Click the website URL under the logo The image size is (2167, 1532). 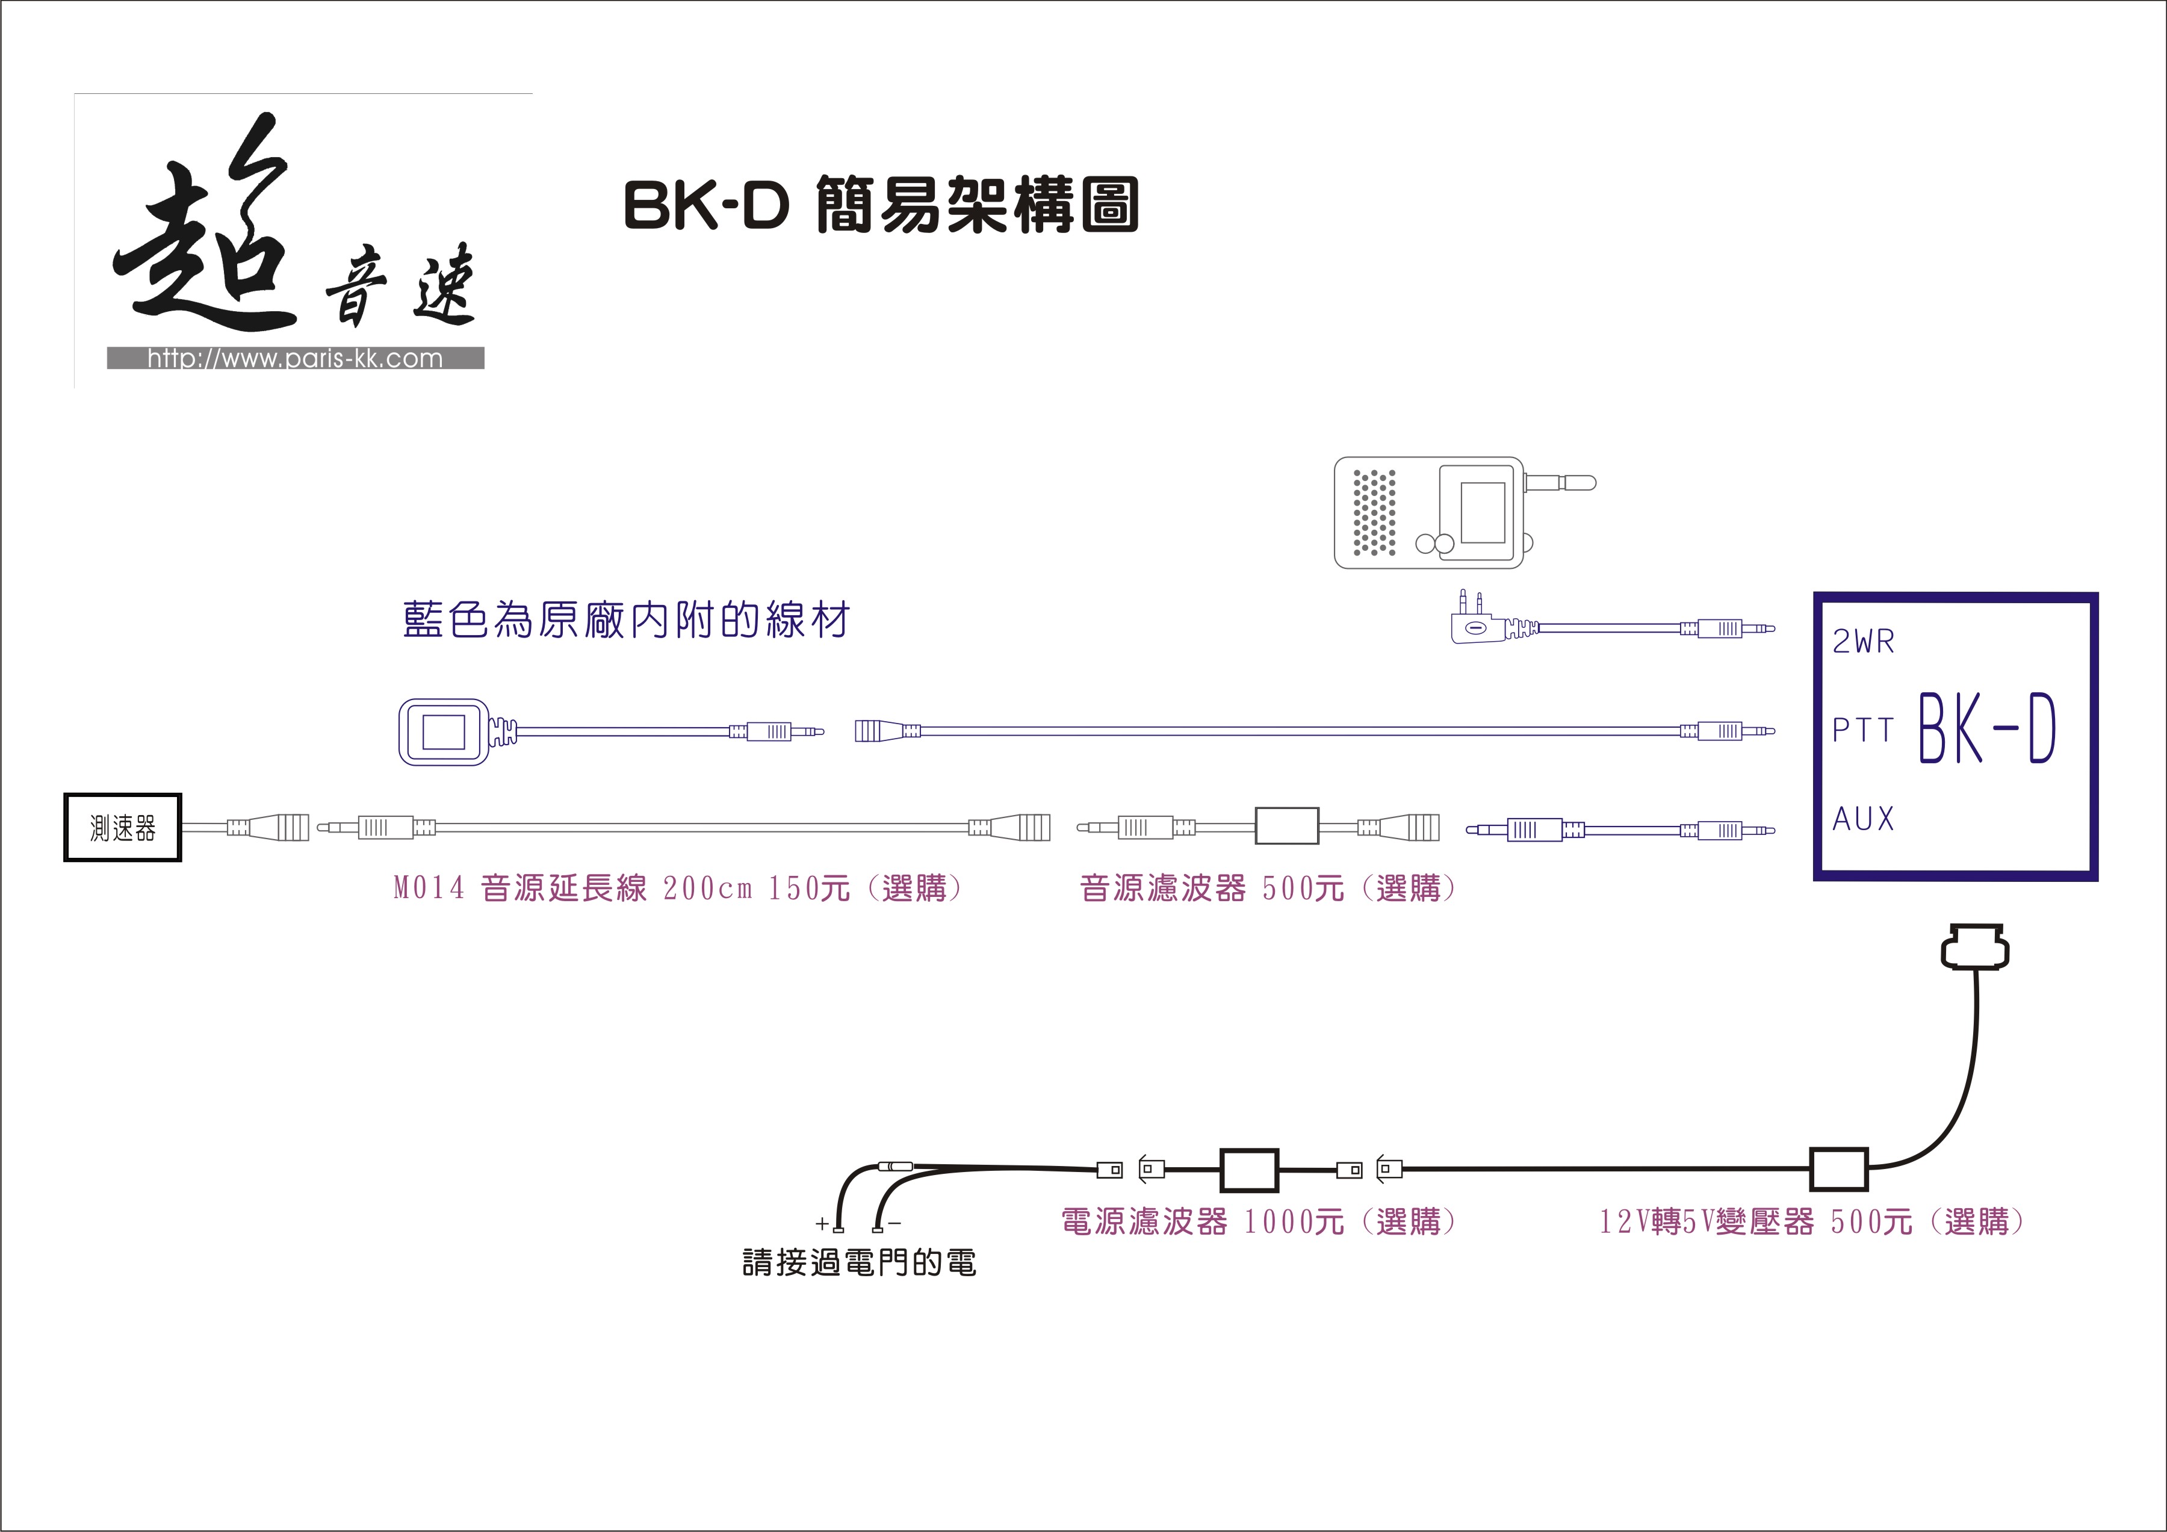(x=294, y=359)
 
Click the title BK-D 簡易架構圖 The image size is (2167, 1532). (x=881, y=205)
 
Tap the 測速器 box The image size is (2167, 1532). (x=123, y=828)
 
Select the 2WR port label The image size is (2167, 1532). (x=1863, y=642)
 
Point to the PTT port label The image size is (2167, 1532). (x=1863, y=730)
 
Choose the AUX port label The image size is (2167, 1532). (x=1863, y=819)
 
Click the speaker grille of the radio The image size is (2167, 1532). (x=1374, y=512)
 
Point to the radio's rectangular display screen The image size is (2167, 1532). (x=1483, y=512)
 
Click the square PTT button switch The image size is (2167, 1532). (x=444, y=731)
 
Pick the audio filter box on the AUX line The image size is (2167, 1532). (x=1286, y=826)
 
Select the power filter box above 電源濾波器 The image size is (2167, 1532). (x=1250, y=1170)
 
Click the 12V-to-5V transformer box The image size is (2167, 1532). (x=1838, y=1170)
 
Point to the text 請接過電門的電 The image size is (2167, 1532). (x=859, y=1262)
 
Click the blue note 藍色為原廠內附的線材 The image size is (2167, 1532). (x=626, y=620)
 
